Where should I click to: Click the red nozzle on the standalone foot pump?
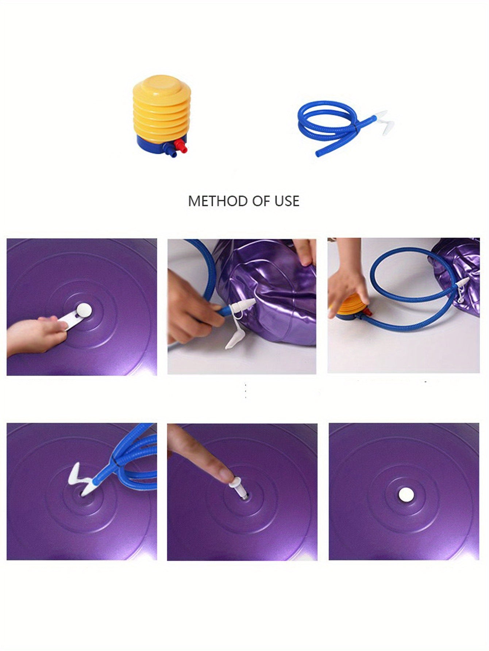click(x=181, y=147)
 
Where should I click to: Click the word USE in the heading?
click(x=287, y=201)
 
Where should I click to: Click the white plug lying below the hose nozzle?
click(x=233, y=341)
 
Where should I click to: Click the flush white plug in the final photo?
click(x=406, y=495)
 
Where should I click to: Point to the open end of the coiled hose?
click(x=318, y=155)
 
